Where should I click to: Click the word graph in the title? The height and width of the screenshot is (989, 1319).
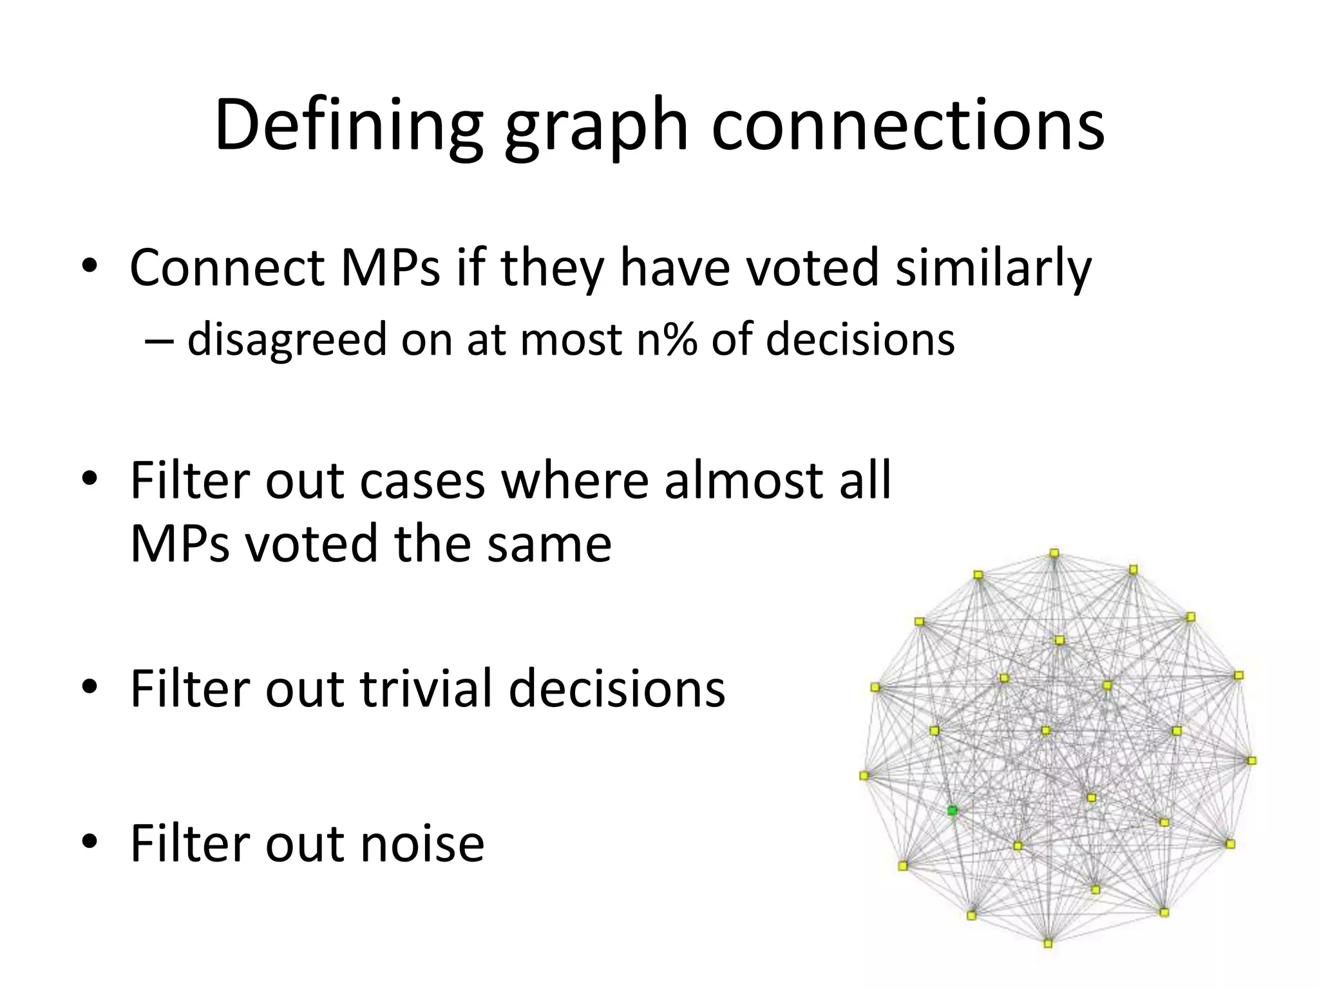pyautogui.click(x=596, y=129)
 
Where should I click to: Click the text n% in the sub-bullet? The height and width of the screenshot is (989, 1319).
pyautogui.click(x=667, y=339)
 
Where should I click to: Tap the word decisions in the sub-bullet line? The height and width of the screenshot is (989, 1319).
pyautogui.click(x=860, y=339)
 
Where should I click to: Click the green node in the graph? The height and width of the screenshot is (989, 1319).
pyautogui.click(x=953, y=810)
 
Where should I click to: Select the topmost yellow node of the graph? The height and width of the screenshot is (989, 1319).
pyautogui.click(x=1054, y=553)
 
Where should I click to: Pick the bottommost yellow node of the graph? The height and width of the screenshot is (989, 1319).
pyautogui.click(x=1048, y=943)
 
